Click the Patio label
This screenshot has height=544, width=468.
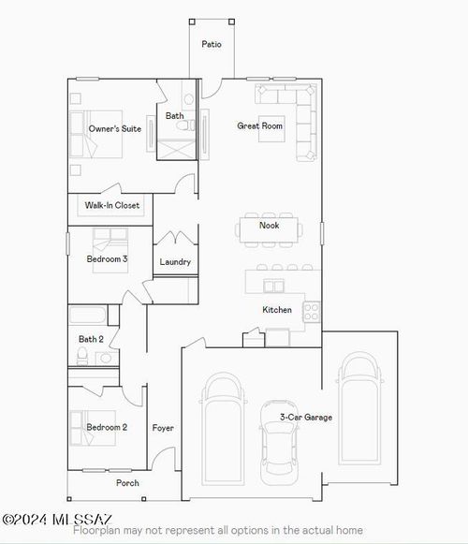click(212, 44)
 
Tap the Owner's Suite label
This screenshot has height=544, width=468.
click(115, 128)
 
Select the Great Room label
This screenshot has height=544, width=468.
click(259, 125)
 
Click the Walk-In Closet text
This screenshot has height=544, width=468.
click(112, 205)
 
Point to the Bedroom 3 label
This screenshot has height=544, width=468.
click(108, 258)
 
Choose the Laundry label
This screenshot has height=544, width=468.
click(175, 262)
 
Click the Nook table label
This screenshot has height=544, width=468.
click(270, 225)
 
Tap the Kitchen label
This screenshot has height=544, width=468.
click(277, 310)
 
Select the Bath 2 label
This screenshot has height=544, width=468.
click(91, 339)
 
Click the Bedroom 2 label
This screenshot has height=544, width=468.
click(107, 427)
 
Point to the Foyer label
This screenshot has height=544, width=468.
click(164, 428)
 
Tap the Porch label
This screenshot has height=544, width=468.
click(127, 483)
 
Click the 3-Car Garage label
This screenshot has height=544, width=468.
click(306, 418)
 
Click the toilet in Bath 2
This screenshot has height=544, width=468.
click(82, 356)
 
